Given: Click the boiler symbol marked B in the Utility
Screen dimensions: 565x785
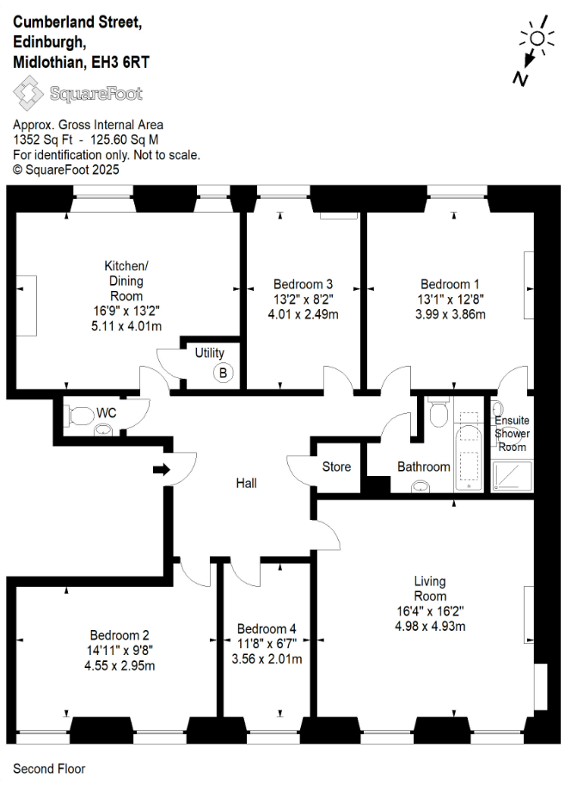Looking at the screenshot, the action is [x=223, y=373].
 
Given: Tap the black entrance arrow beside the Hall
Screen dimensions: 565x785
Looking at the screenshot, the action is [x=162, y=470].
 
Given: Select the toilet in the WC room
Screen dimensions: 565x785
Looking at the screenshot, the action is [x=79, y=416].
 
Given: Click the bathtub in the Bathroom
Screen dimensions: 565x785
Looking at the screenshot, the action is [x=469, y=451].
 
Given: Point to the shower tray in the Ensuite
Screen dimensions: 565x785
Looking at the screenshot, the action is [x=512, y=476].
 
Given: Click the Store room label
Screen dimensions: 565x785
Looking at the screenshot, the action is [x=336, y=467].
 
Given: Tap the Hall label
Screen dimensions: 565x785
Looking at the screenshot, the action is [x=247, y=483].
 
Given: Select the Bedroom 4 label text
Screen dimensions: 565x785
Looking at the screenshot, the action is [x=267, y=629].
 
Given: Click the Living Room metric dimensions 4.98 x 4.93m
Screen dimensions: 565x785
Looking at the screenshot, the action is [x=430, y=627].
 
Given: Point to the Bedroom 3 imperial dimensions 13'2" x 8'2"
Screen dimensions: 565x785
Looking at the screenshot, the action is [x=303, y=300].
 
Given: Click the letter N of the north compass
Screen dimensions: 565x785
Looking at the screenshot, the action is [x=520, y=78].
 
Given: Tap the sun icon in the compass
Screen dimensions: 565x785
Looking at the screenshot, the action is [x=537, y=38].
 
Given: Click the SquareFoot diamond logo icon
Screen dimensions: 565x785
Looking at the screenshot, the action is [x=28, y=93].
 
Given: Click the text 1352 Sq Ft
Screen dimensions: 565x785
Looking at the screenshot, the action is [x=42, y=139].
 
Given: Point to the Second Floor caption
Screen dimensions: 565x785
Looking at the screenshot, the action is [x=49, y=769].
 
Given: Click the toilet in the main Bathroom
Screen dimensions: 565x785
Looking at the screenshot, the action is [x=439, y=412].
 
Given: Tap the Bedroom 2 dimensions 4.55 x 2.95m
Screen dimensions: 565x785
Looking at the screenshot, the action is [x=120, y=666].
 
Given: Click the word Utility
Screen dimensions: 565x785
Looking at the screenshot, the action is [x=210, y=353].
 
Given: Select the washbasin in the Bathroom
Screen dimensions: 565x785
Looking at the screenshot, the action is [x=421, y=485].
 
